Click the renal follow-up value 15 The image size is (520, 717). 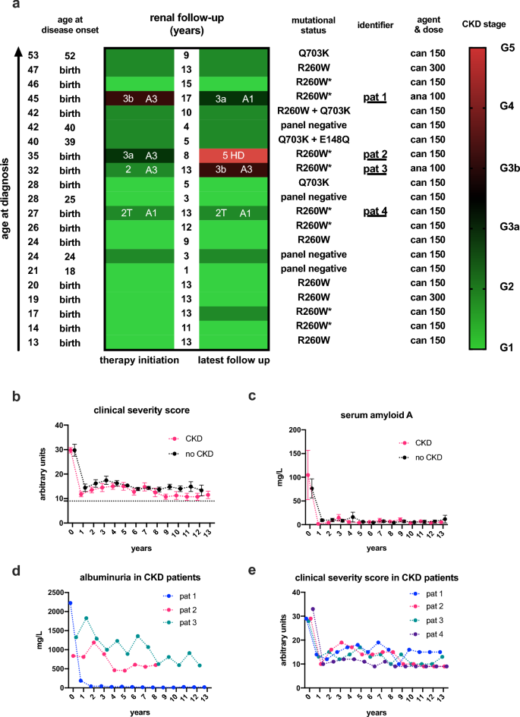[x=187, y=84]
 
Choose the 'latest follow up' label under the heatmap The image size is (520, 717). [x=234, y=360]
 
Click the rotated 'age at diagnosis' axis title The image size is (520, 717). [x=7, y=197]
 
